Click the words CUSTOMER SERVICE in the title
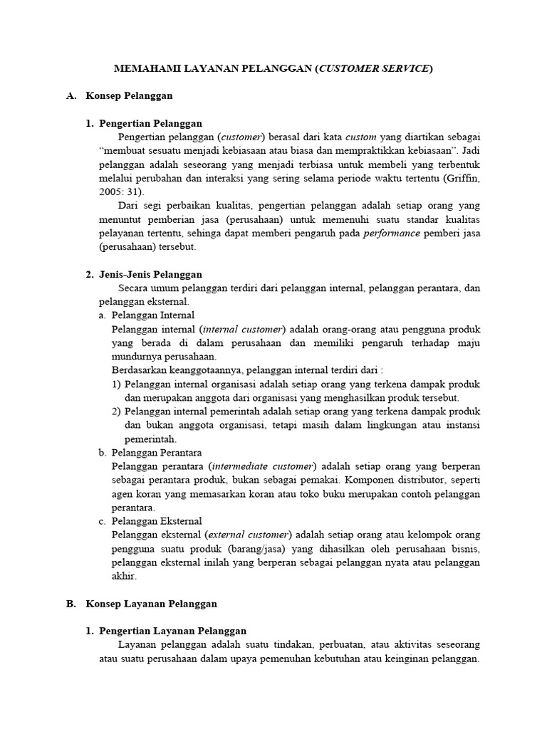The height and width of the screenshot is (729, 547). click(x=374, y=68)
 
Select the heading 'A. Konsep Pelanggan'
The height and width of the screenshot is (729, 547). click(x=120, y=95)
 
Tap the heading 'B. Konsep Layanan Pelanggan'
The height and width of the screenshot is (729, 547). click(x=142, y=603)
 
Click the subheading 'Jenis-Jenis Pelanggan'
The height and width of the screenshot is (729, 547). click(x=150, y=274)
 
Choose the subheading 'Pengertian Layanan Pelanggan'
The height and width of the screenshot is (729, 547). click(x=172, y=631)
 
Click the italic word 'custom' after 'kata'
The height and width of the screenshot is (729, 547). click(x=362, y=137)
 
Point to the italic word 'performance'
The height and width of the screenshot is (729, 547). click(x=391, y=233)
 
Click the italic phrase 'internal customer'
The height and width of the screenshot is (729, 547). click(x=242, y=329)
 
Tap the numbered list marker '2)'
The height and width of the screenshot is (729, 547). click(x=117, y=411)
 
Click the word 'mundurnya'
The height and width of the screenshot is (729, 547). click(x=133, y=356)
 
